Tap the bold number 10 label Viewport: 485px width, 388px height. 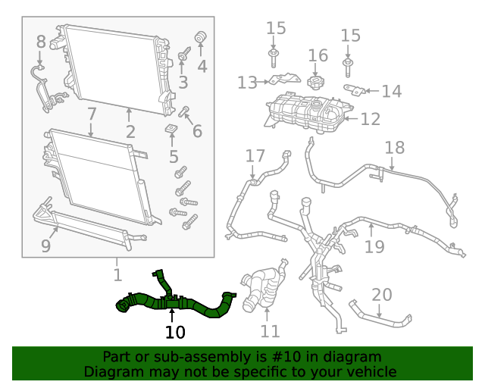coord(175,332)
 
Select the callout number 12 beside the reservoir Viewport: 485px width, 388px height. coord(371,119)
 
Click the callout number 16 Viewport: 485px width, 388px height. coord(318,55)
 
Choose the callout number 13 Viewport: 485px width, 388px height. coord(247,82)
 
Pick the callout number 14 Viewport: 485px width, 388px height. coord(391,92)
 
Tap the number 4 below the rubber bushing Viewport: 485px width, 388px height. coord(202,66)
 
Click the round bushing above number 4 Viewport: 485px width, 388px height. coord(202,38)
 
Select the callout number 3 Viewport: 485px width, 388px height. coord(183,82)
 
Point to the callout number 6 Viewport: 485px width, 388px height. coord(197,131)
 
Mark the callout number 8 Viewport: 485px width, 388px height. coord(40,42)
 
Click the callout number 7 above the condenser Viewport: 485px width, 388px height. coord(91,114)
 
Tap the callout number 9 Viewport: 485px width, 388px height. coord(45,246)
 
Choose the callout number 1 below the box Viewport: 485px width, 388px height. coord(117,274)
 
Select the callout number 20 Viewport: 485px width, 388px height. coord(382,294)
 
